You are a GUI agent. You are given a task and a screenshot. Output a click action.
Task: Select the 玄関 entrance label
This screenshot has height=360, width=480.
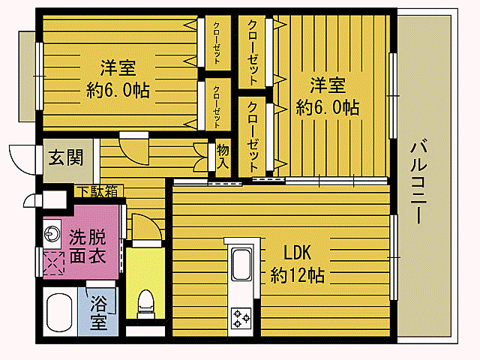(67, 158)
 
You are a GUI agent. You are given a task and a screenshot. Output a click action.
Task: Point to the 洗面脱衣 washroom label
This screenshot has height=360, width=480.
(87, 244)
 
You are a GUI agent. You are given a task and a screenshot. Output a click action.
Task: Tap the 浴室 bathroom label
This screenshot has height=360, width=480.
(99, 313)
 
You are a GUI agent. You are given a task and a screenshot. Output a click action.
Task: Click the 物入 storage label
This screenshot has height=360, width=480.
(223, 156)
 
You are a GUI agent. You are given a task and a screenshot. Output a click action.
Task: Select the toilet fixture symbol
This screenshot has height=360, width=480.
(145, 303)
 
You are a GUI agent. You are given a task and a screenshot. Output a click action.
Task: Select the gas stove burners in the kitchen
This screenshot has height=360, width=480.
(241, 317)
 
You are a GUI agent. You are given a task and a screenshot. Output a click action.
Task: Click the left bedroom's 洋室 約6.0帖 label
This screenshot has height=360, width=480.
(118, 79)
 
